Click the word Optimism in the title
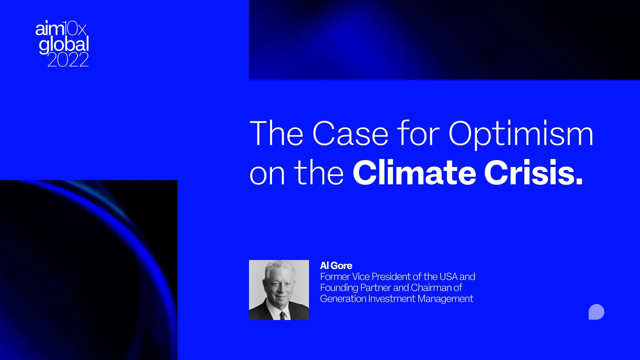521,134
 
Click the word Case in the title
350,134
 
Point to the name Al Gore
336,266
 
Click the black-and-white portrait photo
279,290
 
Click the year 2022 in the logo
68,60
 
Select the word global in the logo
64,45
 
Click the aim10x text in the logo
61,29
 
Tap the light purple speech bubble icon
596,312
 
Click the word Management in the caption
445,299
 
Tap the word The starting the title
276,134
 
